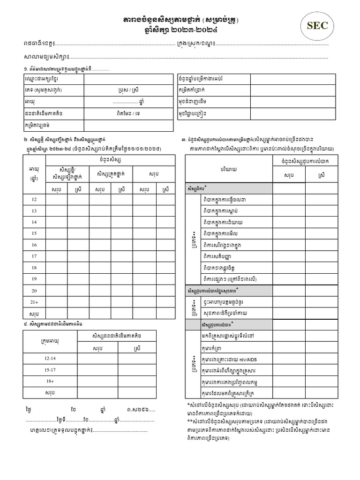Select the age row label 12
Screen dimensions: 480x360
pos(34,200)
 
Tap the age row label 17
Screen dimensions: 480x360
pos(34,256)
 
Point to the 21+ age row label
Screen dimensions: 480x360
pos(34,301)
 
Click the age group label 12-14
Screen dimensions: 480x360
pos(50,358)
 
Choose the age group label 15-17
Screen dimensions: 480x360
pos(50,370)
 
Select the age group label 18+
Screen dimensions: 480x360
pos(50,381)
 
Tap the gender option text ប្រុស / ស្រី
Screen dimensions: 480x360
pos(128,90)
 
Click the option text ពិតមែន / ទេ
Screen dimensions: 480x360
pos(128,113)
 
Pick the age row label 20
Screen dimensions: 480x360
pos(34,290)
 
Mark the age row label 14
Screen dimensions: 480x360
pos(34,222)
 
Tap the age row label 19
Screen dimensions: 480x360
pos(34,278)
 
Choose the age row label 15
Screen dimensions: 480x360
pos(34,233)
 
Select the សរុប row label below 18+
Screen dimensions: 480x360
pos(50,392)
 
